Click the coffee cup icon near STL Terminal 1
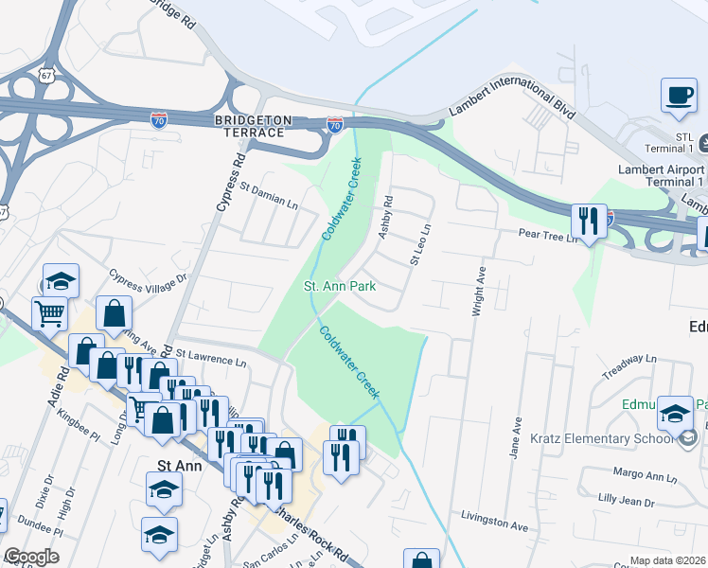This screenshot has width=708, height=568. [x=679, y=96]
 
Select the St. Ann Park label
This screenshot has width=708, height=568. [x=339, y=285]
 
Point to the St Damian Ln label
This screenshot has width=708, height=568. [x=269, y=196]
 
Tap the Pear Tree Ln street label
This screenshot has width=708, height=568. [x=546, y=234]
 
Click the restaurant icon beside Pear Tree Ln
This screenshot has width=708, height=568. [x=589, y=222]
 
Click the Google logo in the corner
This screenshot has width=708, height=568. [x=31, y=557]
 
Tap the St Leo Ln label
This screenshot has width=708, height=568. [x=420, y=243]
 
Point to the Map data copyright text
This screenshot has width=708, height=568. [x=667, y=560]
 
